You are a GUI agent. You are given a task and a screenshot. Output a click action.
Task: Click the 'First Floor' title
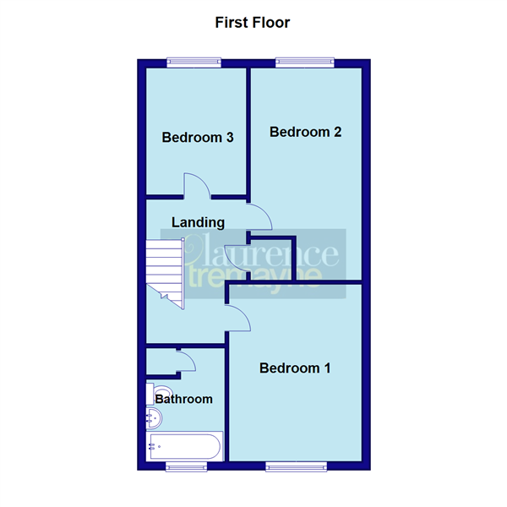point(253,23)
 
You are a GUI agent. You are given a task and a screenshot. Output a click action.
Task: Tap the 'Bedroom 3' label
point(198,138)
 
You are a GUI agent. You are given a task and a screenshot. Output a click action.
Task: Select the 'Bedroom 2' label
point(305,132)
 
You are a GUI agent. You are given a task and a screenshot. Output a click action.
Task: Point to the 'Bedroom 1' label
point(295,368)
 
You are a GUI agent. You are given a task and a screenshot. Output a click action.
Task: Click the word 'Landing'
point(198,223)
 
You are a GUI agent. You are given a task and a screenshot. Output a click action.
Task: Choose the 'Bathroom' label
point(183,399)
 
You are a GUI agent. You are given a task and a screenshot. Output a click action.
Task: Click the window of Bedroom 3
point(194,61)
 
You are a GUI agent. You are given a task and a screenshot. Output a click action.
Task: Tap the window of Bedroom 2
point(304,61)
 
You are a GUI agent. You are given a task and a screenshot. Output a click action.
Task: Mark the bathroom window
point(184,466)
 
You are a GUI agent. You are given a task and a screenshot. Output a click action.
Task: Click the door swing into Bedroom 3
point(197,185)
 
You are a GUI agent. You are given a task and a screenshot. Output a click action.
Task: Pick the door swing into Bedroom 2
point(259,216)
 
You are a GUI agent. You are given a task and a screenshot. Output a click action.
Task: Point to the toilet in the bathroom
point(160,391)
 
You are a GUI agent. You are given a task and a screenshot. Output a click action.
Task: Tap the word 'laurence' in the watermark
point(271,252)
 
